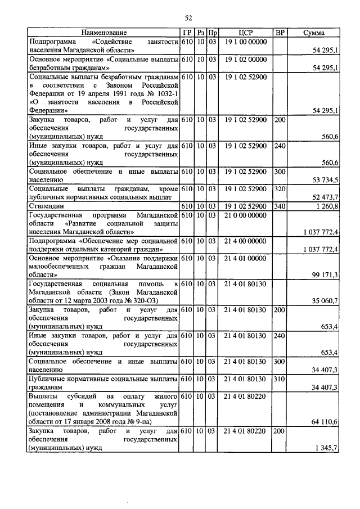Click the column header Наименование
104,33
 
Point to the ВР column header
280,33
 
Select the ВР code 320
280,188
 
